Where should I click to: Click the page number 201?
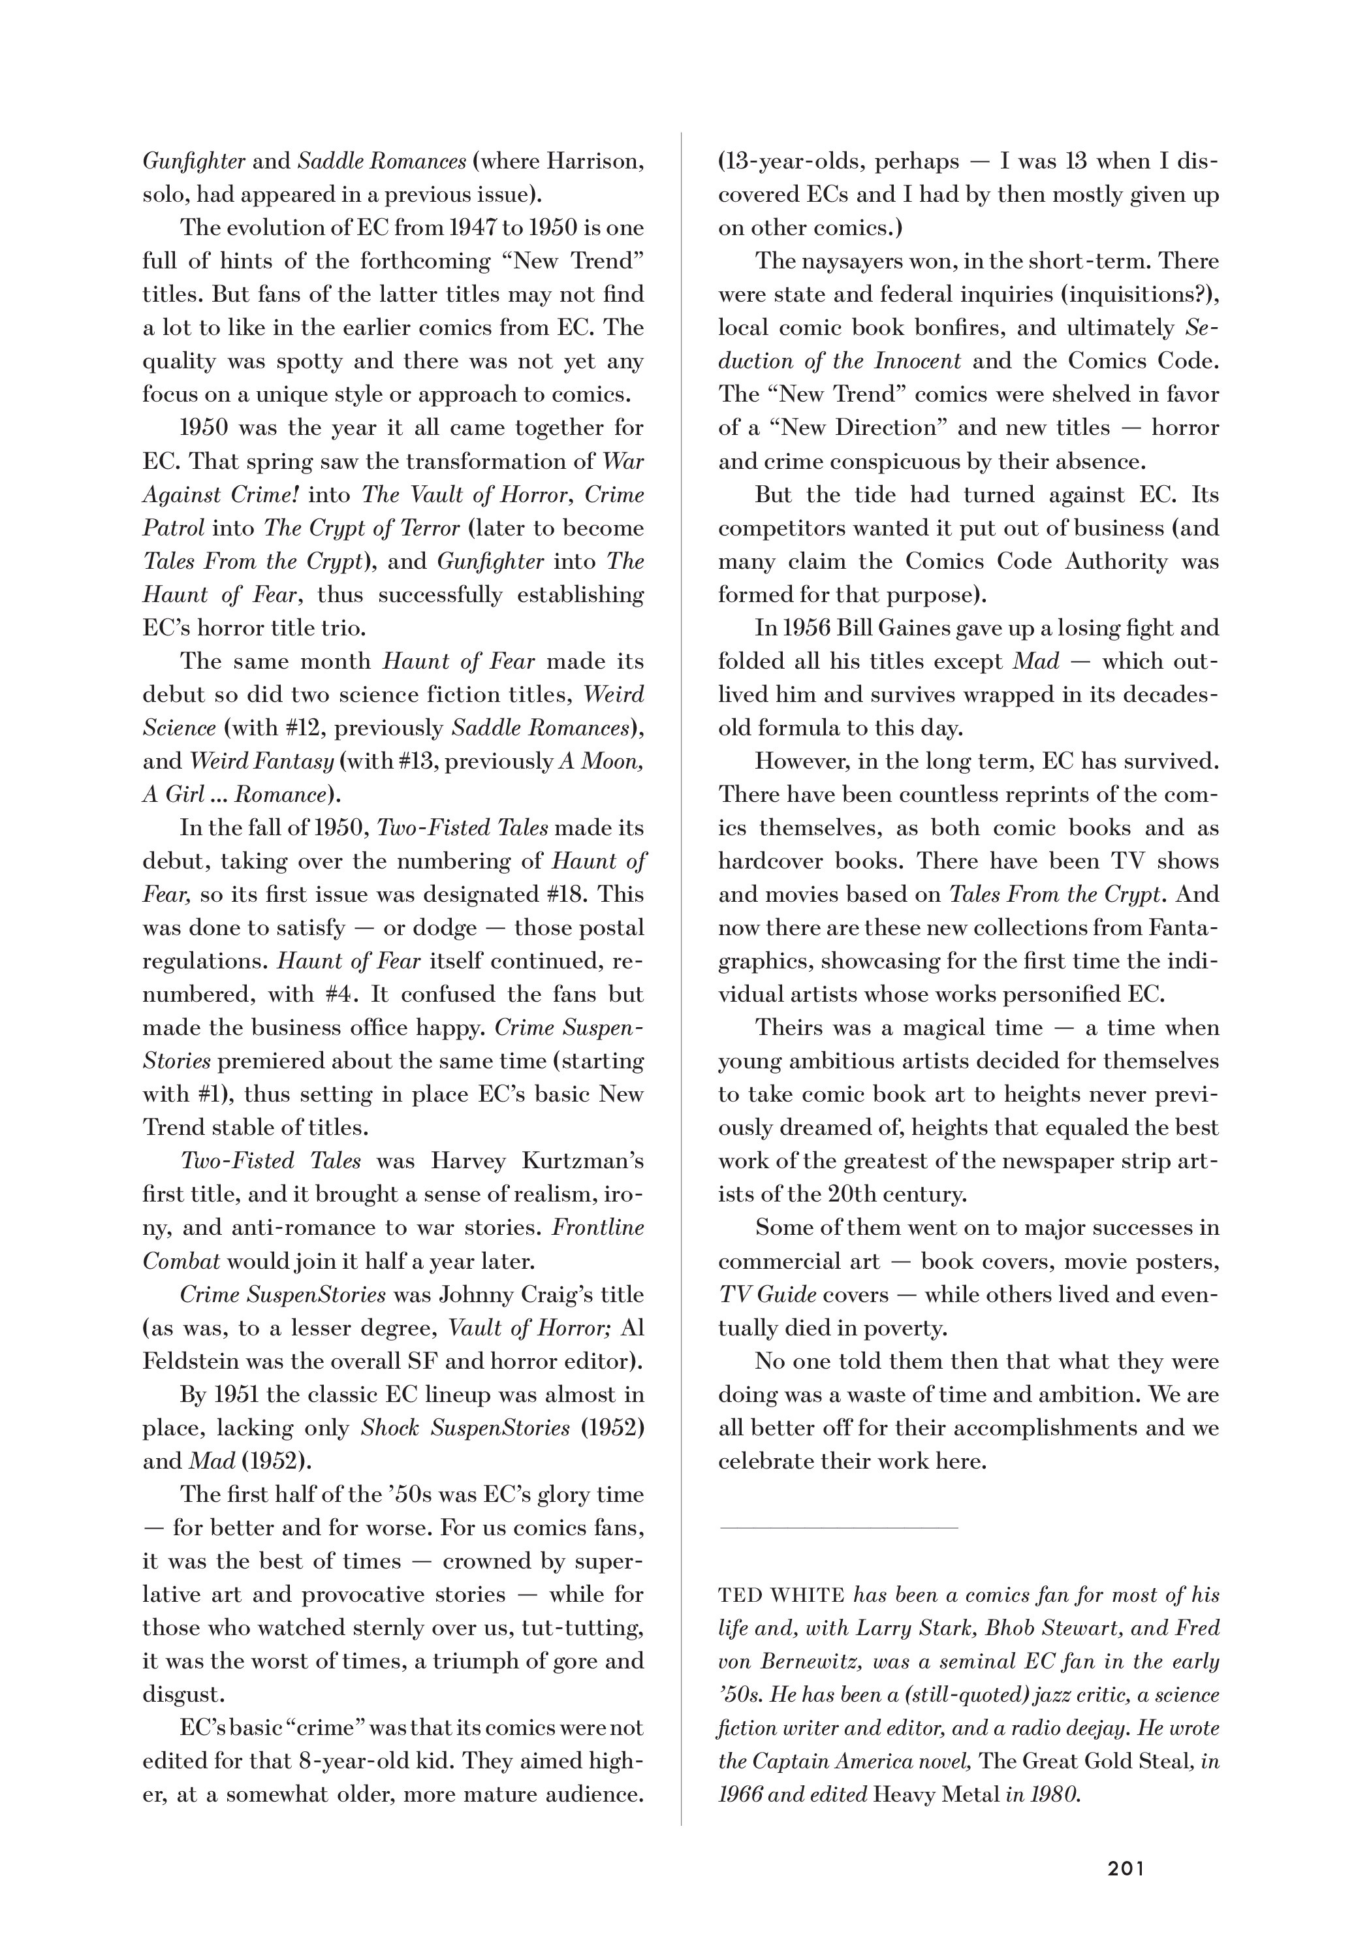point(1126,1868)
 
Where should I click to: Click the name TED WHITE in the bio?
point(781,1595)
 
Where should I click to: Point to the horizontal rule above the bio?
point(839,1527)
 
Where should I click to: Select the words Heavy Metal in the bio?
point(936,1794)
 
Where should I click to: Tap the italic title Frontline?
point(598,1228)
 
